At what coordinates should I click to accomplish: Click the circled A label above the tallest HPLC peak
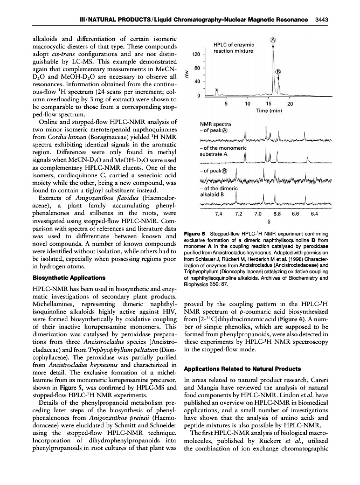(x=273, y=39)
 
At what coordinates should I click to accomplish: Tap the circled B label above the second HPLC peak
(x=279, y=72)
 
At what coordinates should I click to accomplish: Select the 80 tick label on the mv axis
(x=198, y=68)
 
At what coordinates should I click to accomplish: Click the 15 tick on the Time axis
(x=268, y=103)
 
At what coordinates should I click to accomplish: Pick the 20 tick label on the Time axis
(x=290, y=103)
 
